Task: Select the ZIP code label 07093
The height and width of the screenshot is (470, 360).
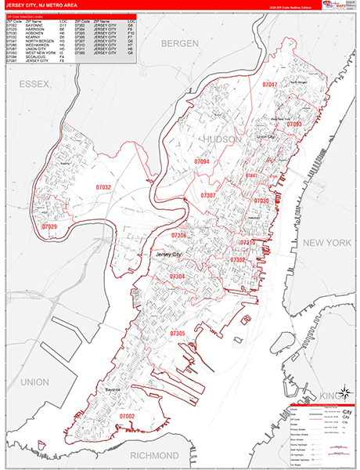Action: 293,124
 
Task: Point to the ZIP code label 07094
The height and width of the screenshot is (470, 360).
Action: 201,161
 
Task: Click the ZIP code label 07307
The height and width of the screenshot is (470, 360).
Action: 208,195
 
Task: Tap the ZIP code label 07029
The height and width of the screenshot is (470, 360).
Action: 49,227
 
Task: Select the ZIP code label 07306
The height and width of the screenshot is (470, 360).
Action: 179,235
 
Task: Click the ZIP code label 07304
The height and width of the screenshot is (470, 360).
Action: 178,277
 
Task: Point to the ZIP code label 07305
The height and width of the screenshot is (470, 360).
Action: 178,333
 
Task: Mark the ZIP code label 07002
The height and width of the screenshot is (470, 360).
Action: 128,416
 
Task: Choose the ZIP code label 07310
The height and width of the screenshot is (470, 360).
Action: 248,243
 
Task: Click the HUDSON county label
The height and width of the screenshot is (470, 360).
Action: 225,139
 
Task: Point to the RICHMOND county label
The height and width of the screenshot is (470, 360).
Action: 154,454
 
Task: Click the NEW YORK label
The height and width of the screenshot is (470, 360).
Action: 329,244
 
